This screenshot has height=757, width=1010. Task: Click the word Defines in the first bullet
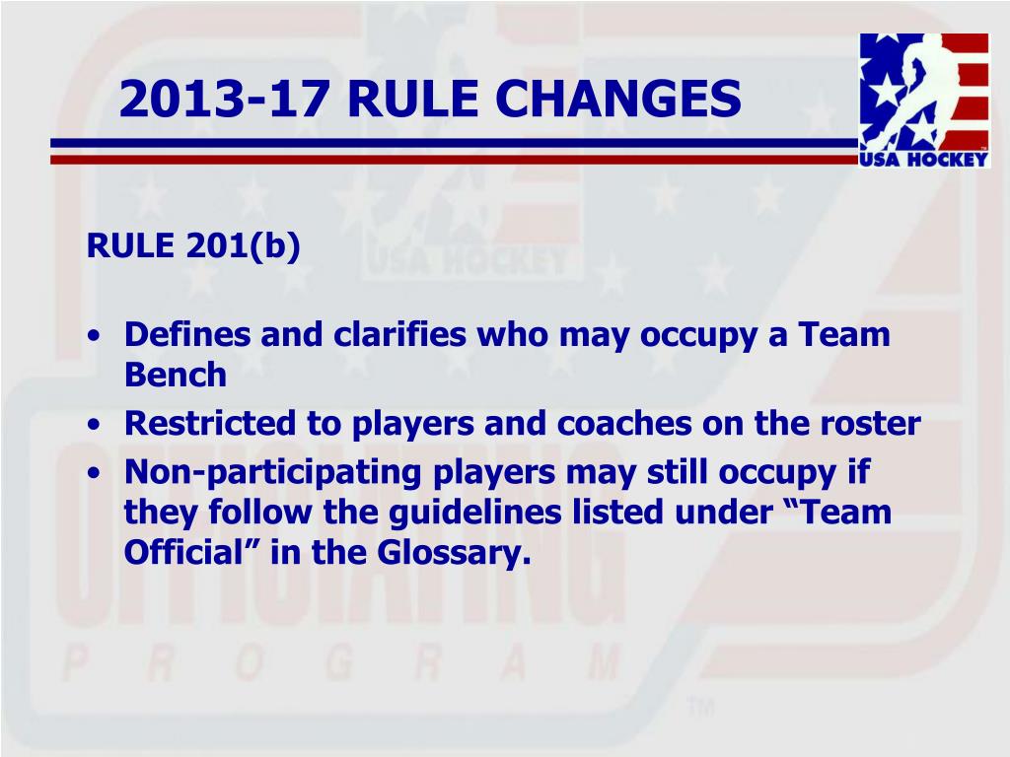(187, 335)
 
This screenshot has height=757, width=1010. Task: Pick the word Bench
(175, 375)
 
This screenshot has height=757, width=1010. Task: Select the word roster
(868, 424)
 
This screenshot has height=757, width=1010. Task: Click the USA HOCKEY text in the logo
(924, 159)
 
